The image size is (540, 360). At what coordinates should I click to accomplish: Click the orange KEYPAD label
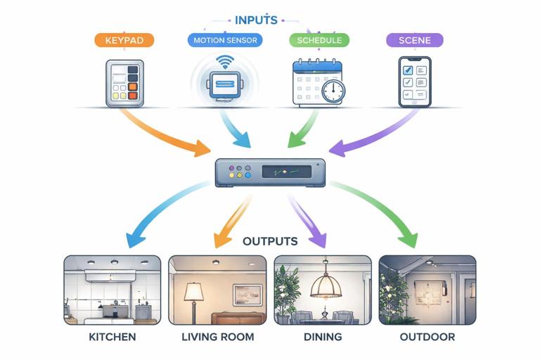tap(124, 40)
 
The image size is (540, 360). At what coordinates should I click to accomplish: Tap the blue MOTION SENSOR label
tap(226, 40)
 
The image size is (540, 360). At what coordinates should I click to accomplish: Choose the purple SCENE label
tap(415, 40)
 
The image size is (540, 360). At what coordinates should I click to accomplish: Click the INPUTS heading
tap(256, 20)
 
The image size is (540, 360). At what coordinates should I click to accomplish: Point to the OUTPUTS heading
tap(270, 241)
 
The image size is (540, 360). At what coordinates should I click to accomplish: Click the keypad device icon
tap(124, 83)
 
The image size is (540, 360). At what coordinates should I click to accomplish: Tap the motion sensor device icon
tap(226, 83)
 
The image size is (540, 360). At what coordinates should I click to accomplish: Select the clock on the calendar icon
tap(333, 90)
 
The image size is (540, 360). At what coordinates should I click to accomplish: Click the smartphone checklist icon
tap(414, 82)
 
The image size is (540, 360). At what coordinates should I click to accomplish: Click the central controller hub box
tap(270, 172)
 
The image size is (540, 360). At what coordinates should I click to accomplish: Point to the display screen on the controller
tap(287, 172)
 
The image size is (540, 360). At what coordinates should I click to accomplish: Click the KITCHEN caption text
tap(112, 337)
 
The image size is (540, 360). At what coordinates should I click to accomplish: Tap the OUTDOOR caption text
tap(427, 337)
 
